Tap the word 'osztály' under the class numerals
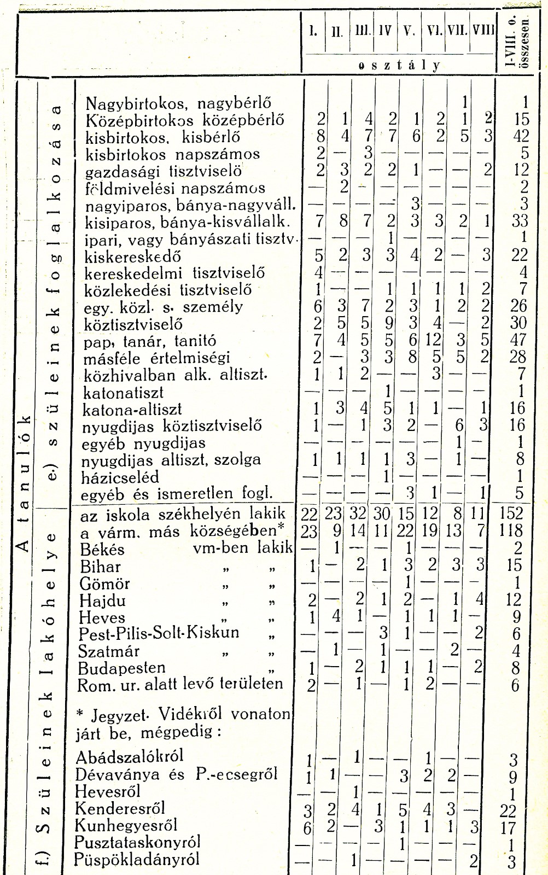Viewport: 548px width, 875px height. [399, 65]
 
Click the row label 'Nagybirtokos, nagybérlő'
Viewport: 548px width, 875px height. [178, 103]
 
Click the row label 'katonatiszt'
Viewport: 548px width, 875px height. [124, 393]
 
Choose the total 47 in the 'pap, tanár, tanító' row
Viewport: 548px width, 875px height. [517, 341]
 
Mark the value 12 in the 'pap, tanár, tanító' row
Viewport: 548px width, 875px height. [433, 341]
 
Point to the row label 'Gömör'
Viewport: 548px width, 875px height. [104, 583]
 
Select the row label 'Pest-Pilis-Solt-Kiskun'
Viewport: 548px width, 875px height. [159, 633]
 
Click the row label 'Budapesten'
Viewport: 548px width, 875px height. [122, 668]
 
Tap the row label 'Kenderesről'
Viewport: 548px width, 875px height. [120, 808]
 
